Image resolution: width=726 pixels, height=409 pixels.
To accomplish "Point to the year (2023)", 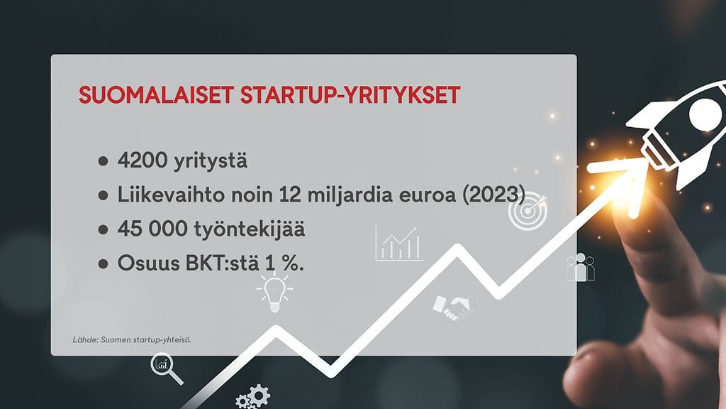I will click(x=493, y=195).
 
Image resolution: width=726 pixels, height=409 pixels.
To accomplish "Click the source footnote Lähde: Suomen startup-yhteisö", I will click(x=132, y=339).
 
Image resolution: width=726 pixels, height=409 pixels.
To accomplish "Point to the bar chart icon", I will click(x=399, y=244).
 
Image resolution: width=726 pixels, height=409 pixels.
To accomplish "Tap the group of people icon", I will click(x=580, y=268).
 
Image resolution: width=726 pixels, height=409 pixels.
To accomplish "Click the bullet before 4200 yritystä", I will click(x=104, y=161).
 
